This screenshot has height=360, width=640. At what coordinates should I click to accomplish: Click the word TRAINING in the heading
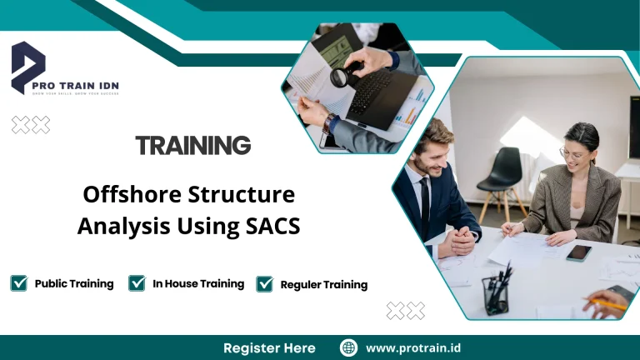tap(193, 146)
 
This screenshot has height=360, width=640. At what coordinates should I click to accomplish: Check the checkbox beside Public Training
tap(18, 283)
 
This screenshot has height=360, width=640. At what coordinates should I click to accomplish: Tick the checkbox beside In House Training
tap(137, 283)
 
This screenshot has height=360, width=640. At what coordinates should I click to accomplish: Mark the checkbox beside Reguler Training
tap(265, 284)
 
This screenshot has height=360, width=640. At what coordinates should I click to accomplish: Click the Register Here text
tap(269, 347)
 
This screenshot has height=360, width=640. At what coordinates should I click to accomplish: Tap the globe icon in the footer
tap(349, 347)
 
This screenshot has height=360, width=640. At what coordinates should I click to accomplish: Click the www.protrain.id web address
tap(413, 347)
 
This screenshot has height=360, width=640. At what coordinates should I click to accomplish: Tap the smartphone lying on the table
tap(578, 252)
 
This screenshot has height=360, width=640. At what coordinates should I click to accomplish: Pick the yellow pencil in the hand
tap(613, 304)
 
